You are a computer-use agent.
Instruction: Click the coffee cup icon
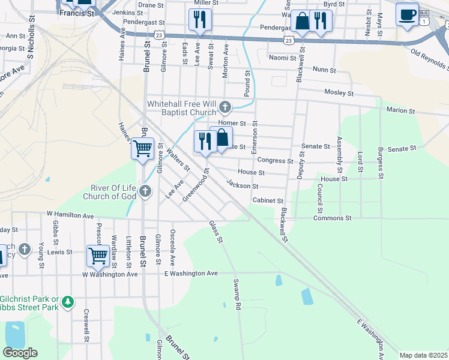point(408,14)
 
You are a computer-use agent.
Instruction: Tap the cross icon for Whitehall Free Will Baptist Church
point(225,107)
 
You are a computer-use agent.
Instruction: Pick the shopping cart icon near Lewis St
point(98,255)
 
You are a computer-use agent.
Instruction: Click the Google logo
point(20,353)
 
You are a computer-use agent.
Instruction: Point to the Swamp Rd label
point(237,295)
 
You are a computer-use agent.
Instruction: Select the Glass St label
point(216,232)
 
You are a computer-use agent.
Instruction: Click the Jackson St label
point(242,185)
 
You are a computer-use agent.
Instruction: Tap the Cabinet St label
point(267,200)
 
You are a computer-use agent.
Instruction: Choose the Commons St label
point(332,218)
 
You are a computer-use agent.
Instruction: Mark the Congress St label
point(275,160)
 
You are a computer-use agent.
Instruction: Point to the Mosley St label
point(339,94)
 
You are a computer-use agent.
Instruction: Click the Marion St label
point(401,110)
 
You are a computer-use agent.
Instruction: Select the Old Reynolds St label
point(430,58)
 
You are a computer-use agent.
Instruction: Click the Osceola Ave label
point(173,247)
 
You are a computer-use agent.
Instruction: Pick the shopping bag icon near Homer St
point(221,138)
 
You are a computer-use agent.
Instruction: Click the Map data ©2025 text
point(423,355)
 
